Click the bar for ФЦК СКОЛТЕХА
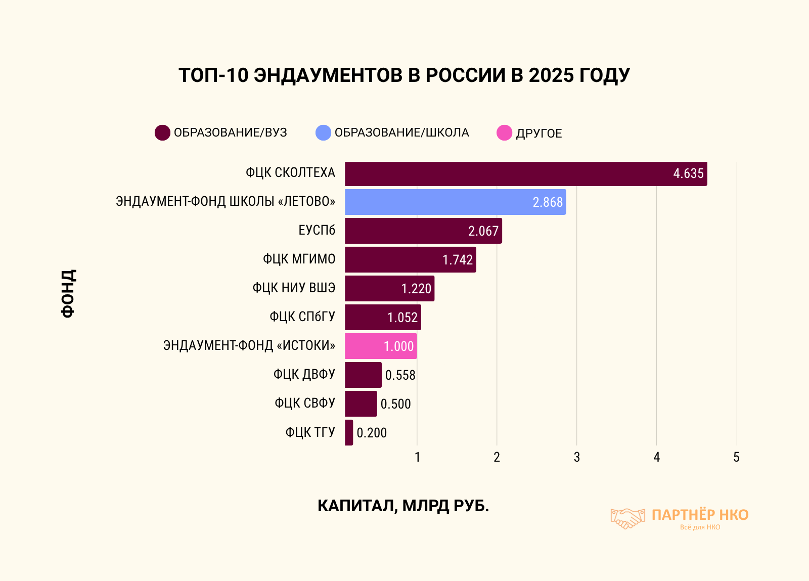coord(526,174)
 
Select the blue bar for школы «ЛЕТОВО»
coord(455,202)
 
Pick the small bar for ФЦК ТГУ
coord(349,433)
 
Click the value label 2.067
coord(483,231)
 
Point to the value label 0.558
coord(400,375)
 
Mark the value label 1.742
coord(458,260)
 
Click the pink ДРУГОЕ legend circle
coord(504,133)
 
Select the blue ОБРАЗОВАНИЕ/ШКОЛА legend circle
coord(323,133)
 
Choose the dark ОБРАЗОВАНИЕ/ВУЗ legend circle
coord(162,133)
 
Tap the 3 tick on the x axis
coord(576,457)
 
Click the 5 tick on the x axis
coord(736,457)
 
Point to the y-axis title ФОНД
coord(68,293)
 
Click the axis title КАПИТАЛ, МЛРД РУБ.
coord(403,506)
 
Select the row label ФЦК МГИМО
coord(299,259)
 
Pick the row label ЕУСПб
coord(317,231)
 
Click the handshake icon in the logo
coord(627,518)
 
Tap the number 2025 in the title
coord(551,75)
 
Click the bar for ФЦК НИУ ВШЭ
coord(389,289)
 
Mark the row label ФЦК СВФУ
coord(304,404)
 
